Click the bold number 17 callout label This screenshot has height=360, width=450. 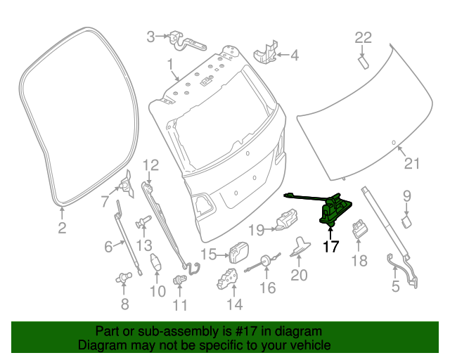(330, 247)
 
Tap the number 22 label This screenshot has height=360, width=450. (364, 37)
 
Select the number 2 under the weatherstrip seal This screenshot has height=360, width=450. (62, 228)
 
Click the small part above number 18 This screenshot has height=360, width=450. (359, 228)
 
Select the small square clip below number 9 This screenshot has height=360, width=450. (406, 221)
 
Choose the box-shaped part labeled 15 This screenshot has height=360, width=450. (239, 250)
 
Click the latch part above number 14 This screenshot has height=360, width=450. (228, 278)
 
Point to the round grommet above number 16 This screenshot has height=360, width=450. (266, 262)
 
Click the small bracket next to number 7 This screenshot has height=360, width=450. (127, 182)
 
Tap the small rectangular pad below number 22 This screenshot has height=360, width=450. (364, 61)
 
